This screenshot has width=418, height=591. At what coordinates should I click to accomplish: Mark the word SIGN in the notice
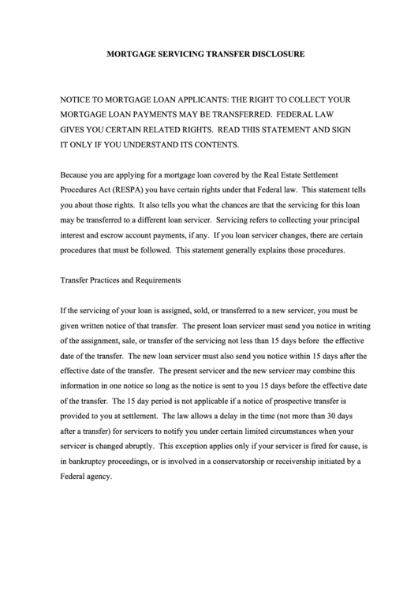[339, 130]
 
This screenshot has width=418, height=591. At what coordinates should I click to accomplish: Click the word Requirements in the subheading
[156, 280]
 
